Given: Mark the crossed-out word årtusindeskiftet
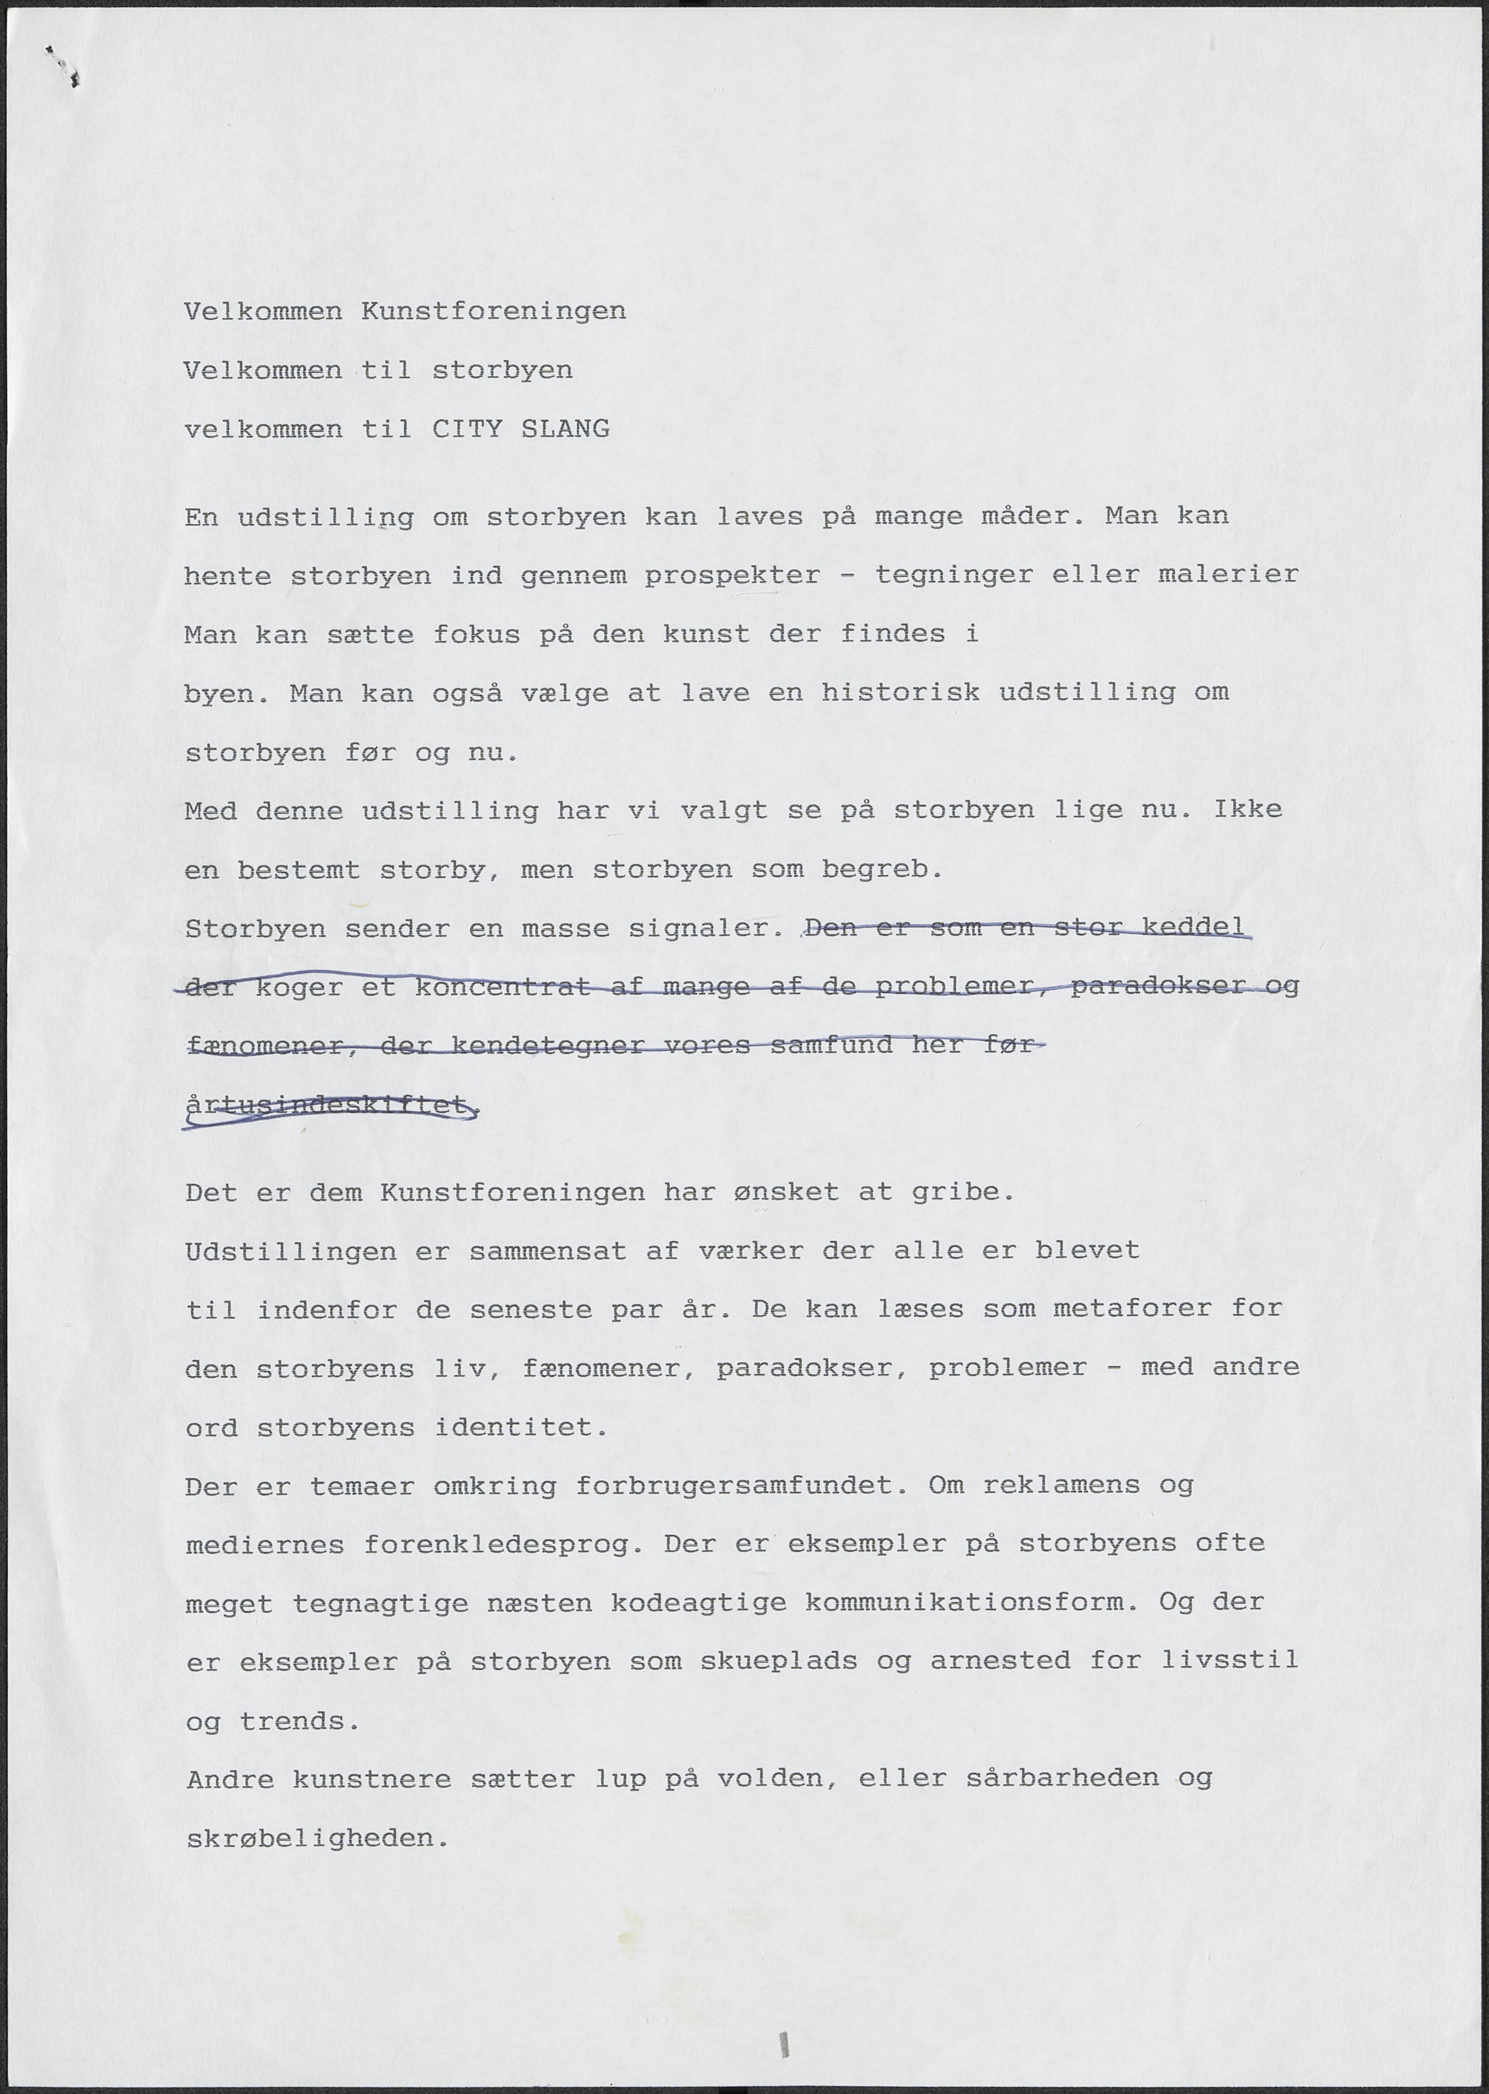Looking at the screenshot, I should pyautogui.click(x=330, y=1105).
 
